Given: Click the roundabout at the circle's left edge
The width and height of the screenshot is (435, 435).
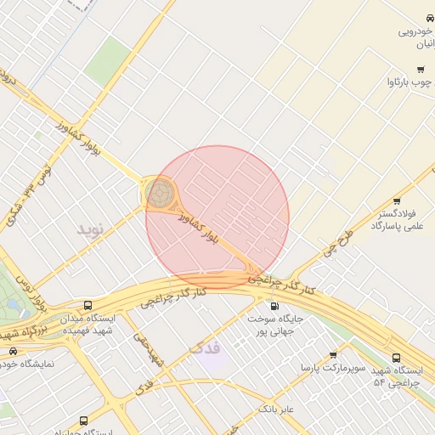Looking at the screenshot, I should pos(159,194).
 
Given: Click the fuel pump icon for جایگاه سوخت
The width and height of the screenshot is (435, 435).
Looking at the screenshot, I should pos(274,306).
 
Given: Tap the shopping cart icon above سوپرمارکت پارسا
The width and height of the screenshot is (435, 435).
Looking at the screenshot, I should pos(332,355).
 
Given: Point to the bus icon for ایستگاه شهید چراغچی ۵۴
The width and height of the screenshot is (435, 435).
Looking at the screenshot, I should pos(397,358).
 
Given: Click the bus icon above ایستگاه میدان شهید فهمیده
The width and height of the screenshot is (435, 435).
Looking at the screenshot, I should pos(88,305).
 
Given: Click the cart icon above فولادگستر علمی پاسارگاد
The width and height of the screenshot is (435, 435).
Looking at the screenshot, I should pos(397,201).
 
